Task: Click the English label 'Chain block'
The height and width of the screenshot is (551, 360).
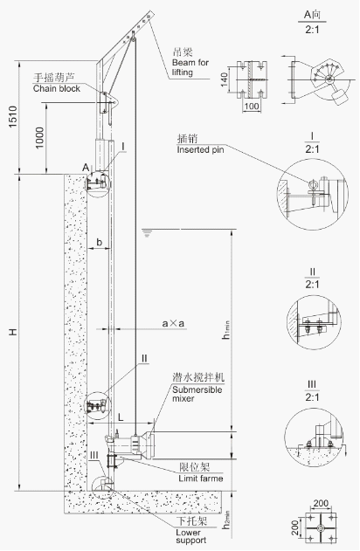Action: [x=57, y=88]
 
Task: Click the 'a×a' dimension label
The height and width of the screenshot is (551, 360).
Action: [x=172, y=323]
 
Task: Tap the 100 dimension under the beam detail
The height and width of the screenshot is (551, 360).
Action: [x=249, y=106]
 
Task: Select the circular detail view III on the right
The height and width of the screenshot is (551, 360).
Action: [x=312, y=437]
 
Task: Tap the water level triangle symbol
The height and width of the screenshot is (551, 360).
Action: [x=148, y=233]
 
